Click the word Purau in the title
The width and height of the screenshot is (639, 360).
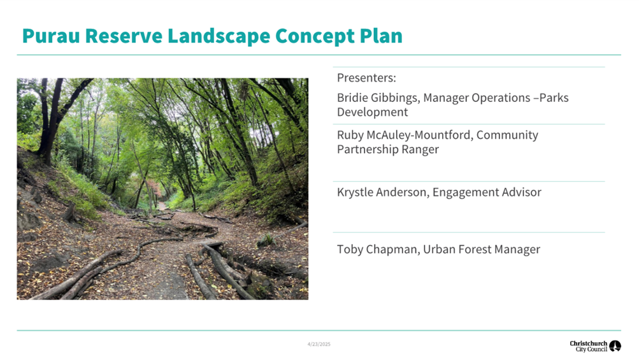pyautogui.click(x=51, y=36)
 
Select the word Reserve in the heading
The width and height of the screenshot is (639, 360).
pyautogui.click(x=124, y=36)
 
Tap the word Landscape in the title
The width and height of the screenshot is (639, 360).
pyautogui.click(x=219, y=36)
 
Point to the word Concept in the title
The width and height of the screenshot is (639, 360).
pyautogui.click(x=315, y=36)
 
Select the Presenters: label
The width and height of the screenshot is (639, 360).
pyautogui.click(x=366, y=78)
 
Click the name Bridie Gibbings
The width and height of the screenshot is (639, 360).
pyautogui.click(x=378, y=98)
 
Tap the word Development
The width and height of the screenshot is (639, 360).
pyautogui.click(x=372, y=112)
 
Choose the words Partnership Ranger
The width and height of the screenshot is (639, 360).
pyautogui.click(x=387, y=149)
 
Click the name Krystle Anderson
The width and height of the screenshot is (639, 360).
pyautogui.click(x=382, y=192)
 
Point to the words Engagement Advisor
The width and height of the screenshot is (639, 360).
pyautogui.click(x=487, y=192)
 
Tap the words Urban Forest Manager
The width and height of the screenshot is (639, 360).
pyautogui.click(x=481, y=249)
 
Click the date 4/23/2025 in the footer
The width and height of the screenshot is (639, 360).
pyautogui.click(x=319, y=344)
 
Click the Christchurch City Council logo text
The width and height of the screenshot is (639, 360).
pyautogui.click(x=588, y=346)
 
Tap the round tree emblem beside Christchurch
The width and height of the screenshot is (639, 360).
pyautogui.click(x=615, y=346)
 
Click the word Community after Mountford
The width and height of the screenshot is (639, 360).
pyautogui.click(x=507, y=135)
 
